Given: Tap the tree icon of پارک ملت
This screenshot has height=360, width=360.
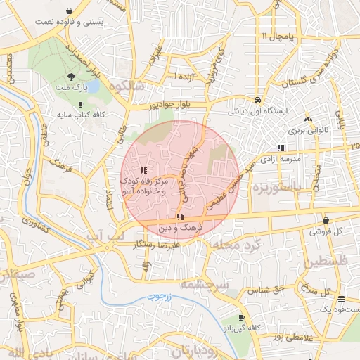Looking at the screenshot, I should pos(70,77).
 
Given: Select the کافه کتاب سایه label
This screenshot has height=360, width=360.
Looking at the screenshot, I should pos(79,114).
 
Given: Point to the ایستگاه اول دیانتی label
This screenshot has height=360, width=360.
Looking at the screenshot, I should pos(259,111).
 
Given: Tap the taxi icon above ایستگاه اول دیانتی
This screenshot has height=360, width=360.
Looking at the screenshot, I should pos(259,100).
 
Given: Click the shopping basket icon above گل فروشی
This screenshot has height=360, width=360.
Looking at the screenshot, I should pos(326,220).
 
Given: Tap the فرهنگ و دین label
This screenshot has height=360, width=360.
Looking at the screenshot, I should pos(181,229).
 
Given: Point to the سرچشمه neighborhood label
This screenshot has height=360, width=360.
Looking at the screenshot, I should pos(201,284).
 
